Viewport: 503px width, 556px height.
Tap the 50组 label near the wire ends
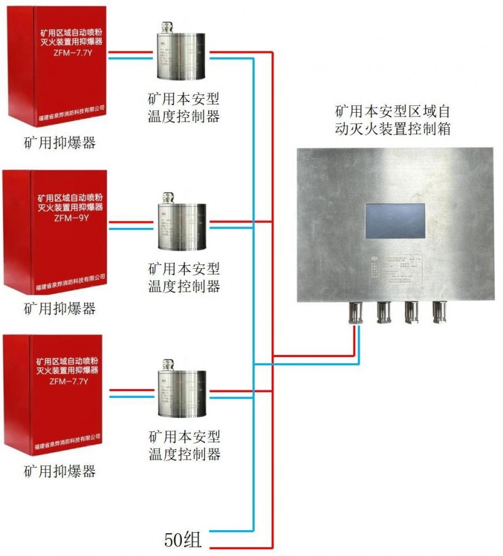click(x=182, y=540)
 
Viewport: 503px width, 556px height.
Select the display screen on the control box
click(x=395, y=221)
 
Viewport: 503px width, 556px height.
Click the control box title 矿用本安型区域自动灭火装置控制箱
click(x=393, y=121)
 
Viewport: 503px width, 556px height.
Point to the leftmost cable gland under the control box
click(x=355, y=312)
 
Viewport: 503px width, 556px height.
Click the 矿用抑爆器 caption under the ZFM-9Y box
click(x=60, y=309)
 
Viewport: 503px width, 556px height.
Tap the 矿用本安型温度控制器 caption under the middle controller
click(x=184, y=278)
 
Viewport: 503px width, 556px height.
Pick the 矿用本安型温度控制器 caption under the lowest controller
click(x=184, y=445)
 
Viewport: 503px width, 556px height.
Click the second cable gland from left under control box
click(x=384, y=312)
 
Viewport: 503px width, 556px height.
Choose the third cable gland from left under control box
click(x=411, y=312)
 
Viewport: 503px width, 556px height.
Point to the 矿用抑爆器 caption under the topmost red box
click(x=60, y=143)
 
